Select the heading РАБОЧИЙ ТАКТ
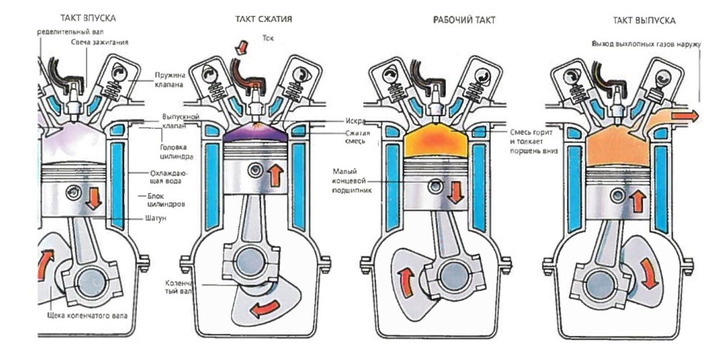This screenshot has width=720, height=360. point(464,20)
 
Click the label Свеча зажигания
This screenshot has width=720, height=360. point(100,43)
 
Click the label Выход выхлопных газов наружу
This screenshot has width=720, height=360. point(645,45)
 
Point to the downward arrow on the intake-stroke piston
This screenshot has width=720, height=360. point(94,198)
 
